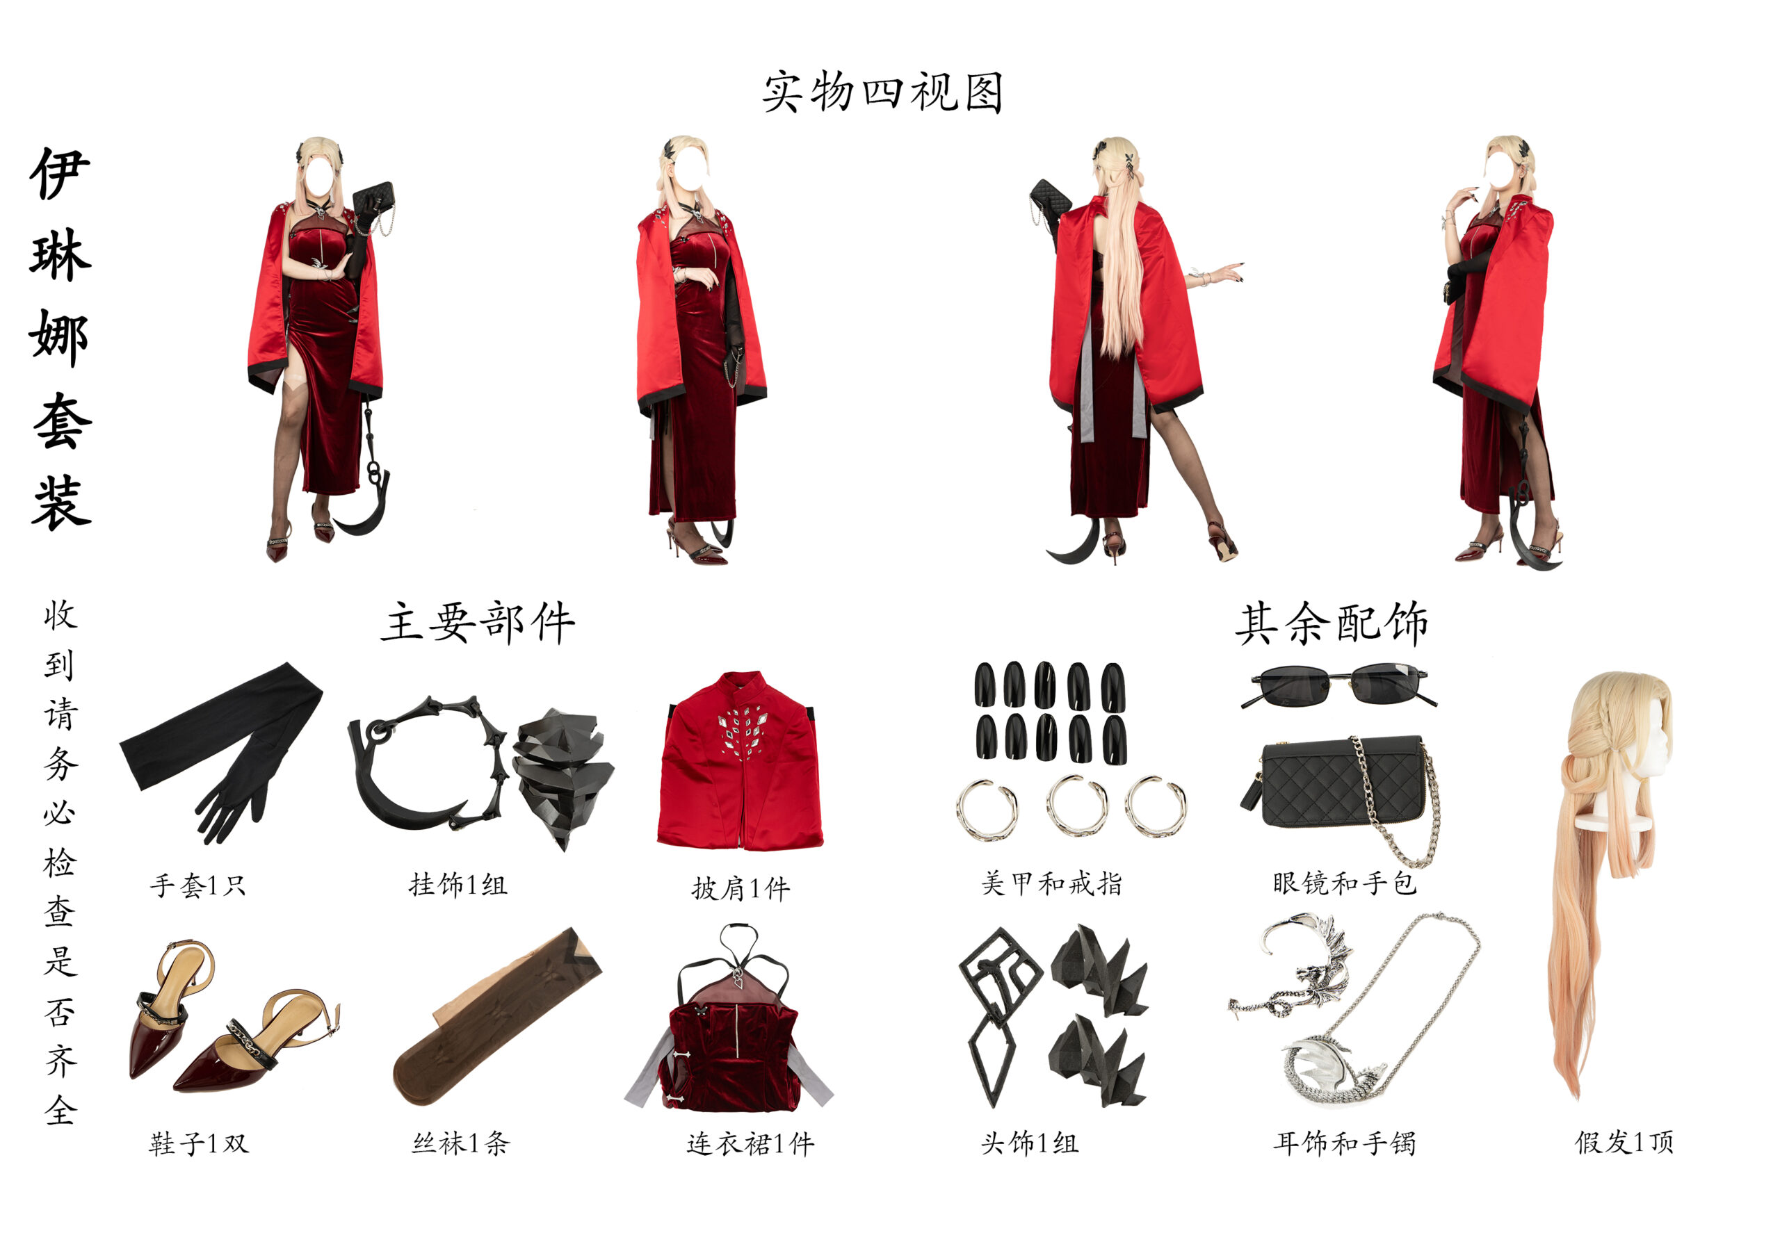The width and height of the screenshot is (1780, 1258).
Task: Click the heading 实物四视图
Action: pos(882,92)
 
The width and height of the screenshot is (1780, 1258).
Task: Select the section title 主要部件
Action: pos(478,623)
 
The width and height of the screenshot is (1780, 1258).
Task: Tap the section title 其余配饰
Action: pos(1331,623)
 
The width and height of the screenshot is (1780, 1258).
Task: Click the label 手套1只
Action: pos(198,885)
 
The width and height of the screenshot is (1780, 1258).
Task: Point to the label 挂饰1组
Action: pos(458,884)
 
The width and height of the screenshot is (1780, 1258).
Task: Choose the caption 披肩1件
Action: pos(741,888)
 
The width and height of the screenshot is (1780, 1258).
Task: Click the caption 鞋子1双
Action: pos(198,1143)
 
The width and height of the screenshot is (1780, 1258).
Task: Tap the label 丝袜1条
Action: pos(460,1143)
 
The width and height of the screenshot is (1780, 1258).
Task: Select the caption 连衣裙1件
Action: pos(750,1144)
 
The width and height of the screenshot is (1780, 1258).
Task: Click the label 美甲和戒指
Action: pos(1052,883)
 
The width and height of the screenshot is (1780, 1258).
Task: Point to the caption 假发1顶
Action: pos(1624,1143)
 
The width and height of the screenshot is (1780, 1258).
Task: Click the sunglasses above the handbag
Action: pos(1339,684)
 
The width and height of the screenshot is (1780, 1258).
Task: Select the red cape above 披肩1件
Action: pos(741,763)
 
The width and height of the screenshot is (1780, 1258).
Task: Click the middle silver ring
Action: pos(1077,806)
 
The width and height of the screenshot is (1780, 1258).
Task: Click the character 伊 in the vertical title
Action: pos(60,173)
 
